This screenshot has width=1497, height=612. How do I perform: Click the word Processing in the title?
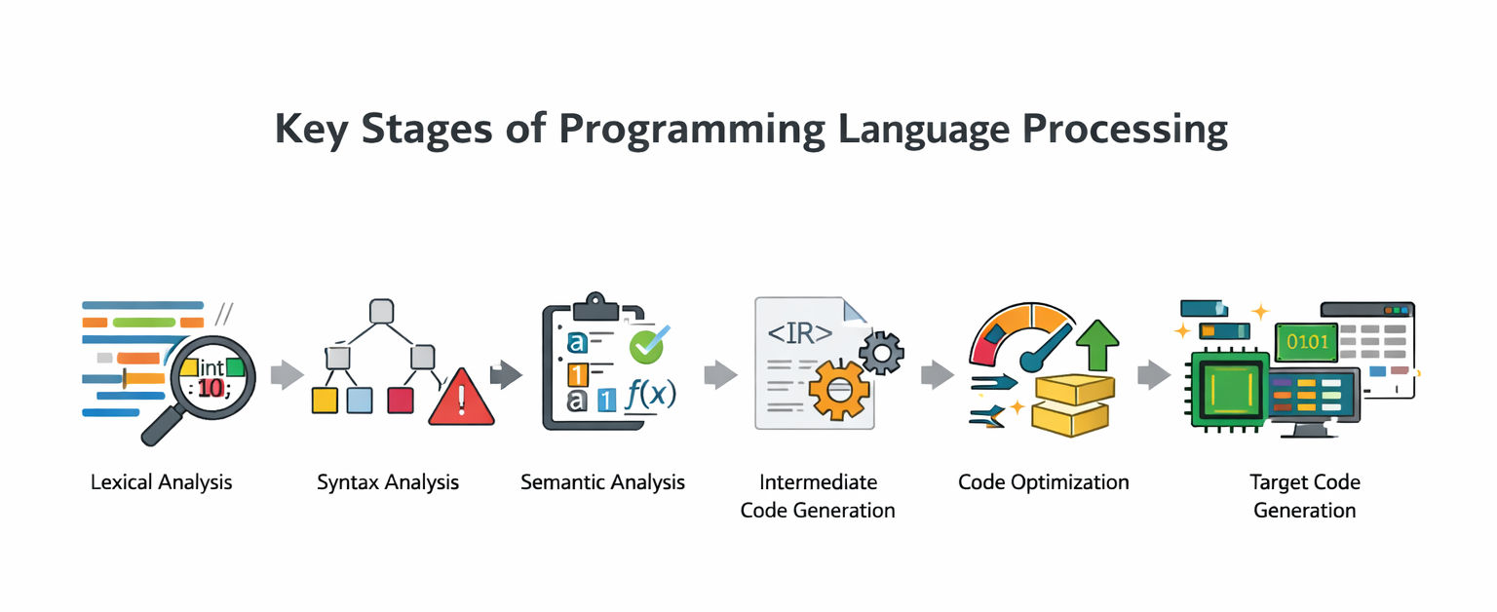pyautogui.click(x=1125, y=129)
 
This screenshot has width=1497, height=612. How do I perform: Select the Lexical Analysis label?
pyautogui.click(x=161, y=482)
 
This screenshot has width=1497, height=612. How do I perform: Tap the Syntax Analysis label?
pyautogui.click(x=388, y=482)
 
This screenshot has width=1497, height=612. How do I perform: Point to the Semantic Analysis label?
pyautogui.click(x=603, y=482)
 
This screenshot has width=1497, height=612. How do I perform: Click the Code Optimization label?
pyautogui.click(x=1043, y=482)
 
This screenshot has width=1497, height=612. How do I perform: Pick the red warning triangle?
pyautogui.click(x=461, y=399)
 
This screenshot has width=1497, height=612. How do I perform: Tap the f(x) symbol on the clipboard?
pyautogui.click(x=651, y=395)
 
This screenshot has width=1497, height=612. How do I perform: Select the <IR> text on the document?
pyautogui.click(x=800, y=333)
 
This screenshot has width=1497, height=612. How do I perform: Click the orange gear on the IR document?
pyautogui.click(x=839, y=390)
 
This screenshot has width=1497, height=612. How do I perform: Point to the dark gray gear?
pyautogui.click(x=881, y=353)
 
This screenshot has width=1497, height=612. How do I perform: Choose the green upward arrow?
pyautogui.click(x=1097, y=345)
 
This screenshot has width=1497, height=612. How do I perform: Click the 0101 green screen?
pyautogui.click(x=1307, y=342)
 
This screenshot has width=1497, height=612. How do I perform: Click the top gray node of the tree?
pyautogui.click(x=381, y=311)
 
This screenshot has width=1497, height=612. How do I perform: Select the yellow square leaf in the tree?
pyautogui.click(x=325, y=401)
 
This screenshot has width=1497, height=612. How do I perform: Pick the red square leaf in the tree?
pyautogui.click(x=401, y=401)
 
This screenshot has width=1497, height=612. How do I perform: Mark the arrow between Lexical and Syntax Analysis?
pyautogui.click(x=288, y=375)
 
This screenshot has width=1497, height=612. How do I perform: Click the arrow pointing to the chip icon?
pyautogui.click(x=1154, y=375)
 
